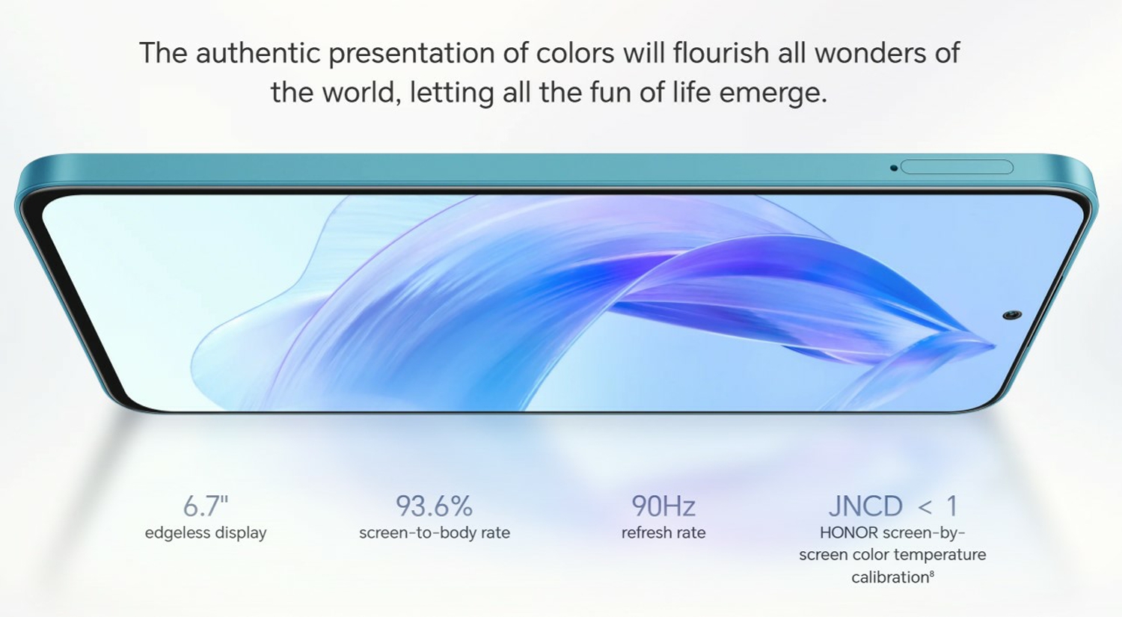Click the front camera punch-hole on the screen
pyautogui.click(x=1012, y=315)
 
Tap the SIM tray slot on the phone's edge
pyautogui.click(x=957, y=168)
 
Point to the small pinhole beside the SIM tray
pyautogui.click(x=894, y=168)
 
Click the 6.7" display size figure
pyautogui.click(x=206, y=506)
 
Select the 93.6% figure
pyautogui.click(x=435, y=506)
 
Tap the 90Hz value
pyautogui.click(x=663, y=506)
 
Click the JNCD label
pyautogui.click(x=865, y=506)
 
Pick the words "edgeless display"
pyautogui.click(x=206, y=532)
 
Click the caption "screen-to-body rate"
pyautogui.click(x=435, y=532)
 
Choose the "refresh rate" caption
pyautogui.click(x=663, y=532)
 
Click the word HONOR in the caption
pyautogui.click(x=849, y=532)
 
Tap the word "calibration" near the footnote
pyautogui.click(x=890, y=577)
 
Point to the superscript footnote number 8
pyautogui.click(x=932, y=574)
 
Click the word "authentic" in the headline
pyautogui.click(x=258, y=52)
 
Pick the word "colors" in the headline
pyautogui.click(x=575, y=52)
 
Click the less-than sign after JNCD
pyautogui.click(x=925, y=507)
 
